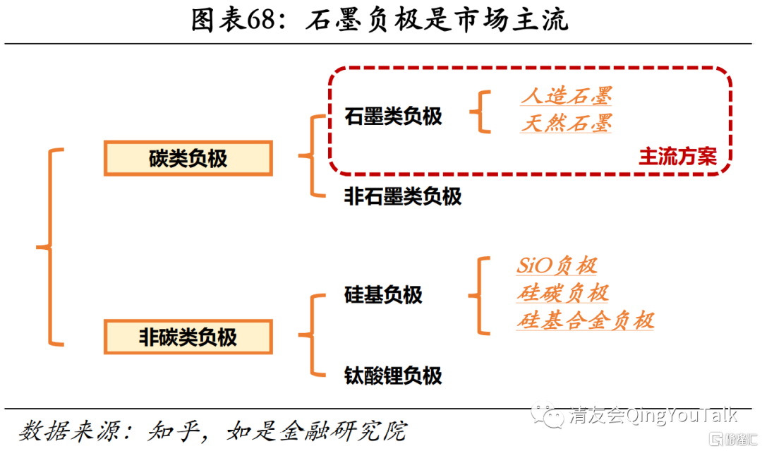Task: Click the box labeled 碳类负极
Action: point(188,158)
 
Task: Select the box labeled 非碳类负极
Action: point(188,337)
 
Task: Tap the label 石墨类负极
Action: point(393,116)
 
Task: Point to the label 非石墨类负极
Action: point(402,196)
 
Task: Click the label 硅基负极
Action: point(383,294)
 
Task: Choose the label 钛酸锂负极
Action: point(393,375)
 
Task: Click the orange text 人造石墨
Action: point(566,96)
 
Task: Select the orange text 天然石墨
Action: point(566,124)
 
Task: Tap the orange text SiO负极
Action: point(557,265)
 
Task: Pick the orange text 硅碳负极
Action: point(562,293)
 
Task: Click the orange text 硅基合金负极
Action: point(585,320)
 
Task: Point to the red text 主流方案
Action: point(677,157)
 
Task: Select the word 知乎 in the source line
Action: point(169,430)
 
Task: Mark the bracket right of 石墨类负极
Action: point(483,111)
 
